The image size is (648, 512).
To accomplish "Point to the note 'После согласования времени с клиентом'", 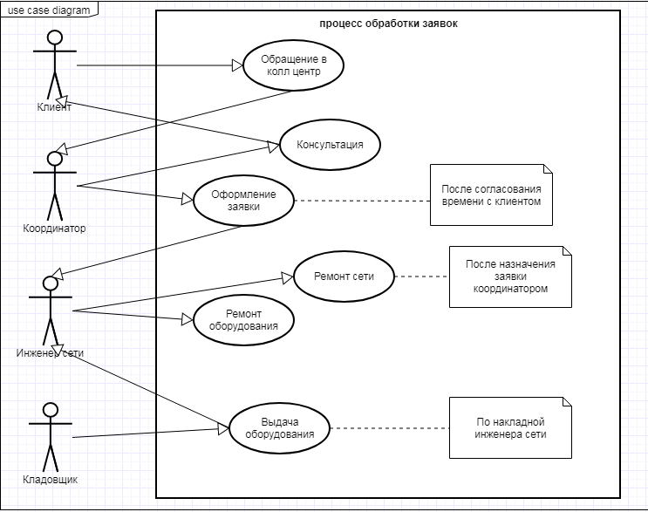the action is [x=491, y=195].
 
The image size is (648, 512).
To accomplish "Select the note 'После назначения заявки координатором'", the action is [x=510, y=276].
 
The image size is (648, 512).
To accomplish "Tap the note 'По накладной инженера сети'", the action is [x=510, y=427].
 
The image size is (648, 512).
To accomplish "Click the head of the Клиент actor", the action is [x=55, y=38].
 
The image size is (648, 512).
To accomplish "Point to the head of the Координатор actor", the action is [x=55, y=159].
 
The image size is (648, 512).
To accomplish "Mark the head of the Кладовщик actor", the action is [x=51, y=410].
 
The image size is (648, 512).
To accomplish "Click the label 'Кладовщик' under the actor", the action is [x=50, y=480].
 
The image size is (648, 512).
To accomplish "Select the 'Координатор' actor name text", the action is [x=54, y=229].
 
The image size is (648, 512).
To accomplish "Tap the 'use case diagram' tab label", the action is [x=49, y=10].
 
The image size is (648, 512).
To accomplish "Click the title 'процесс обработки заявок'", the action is [x=388, y=24].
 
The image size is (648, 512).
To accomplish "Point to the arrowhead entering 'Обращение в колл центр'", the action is [x=237, y=65].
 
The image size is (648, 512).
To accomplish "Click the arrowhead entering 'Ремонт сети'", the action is [x=288, y=277].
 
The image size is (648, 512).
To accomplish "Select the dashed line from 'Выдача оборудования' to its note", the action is [x=390, y=428].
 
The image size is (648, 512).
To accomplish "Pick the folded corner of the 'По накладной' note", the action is [x=567, y=402].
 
